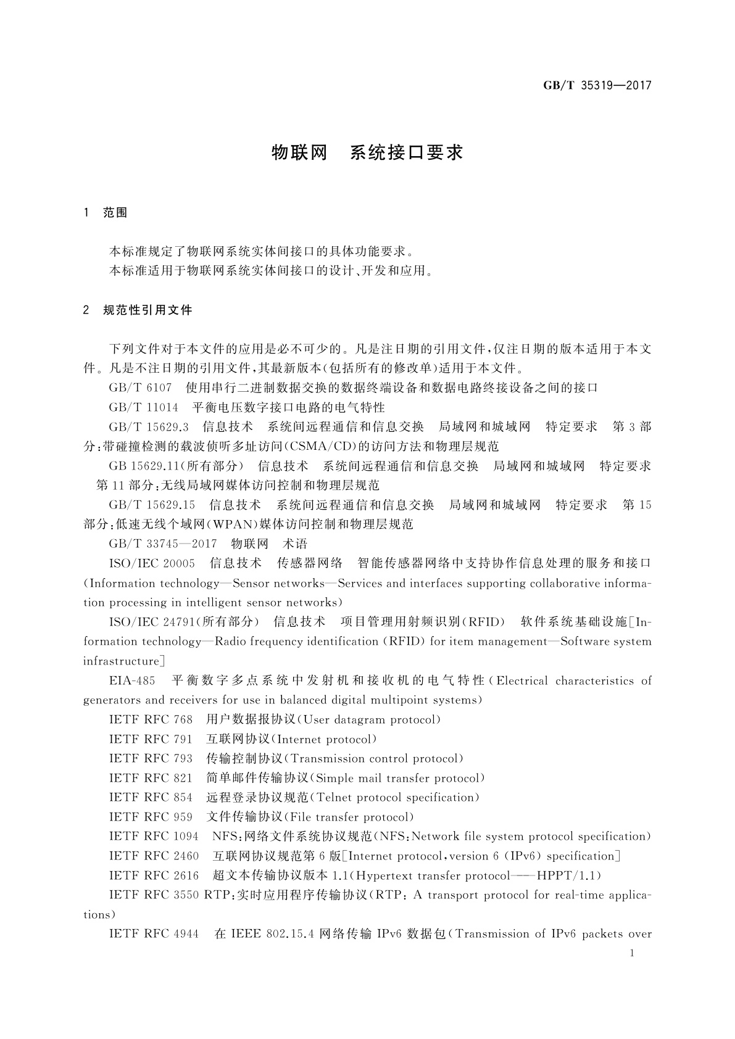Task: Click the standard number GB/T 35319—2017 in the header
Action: (x=597, y=86)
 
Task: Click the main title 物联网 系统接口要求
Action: (x=367, y=153)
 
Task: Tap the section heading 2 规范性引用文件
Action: (x=138, y=310)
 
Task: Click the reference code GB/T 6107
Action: (x=140, y=388)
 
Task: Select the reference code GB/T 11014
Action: (x=143, y=408)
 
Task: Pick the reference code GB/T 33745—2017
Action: (x=163, y=544)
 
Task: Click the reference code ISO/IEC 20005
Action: (x=152, y=563)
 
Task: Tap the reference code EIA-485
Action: (x=132, y=681)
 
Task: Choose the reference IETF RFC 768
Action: (x=151, y=720)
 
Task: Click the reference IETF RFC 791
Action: (x=151, y=739)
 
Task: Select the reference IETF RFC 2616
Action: (x=154, y=875)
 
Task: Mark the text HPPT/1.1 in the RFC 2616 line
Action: (x=565, y=875)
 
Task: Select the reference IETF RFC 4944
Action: (x=154, y=934)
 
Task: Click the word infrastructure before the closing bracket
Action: (x=121, y=661)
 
